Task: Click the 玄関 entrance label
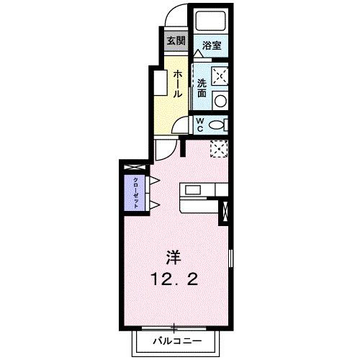[176, 40]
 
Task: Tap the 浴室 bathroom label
[212, 45]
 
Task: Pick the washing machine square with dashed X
[220, 76]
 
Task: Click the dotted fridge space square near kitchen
[220, 148]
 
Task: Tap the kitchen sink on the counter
[194, 191]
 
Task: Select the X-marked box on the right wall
[227, 212]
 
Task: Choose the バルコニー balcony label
[176, 341]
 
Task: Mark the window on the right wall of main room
[230, 259]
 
